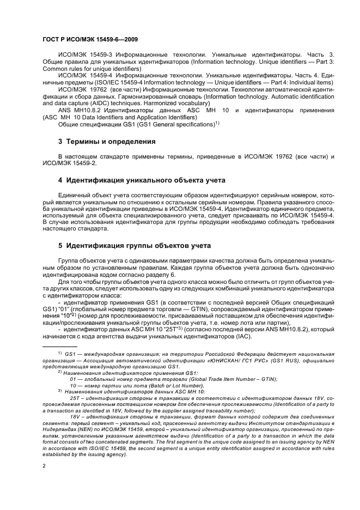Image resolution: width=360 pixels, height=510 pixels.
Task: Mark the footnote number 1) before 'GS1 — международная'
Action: pos(59,353)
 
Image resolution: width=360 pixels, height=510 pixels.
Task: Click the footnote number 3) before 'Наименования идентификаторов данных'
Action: pos(59,391)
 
